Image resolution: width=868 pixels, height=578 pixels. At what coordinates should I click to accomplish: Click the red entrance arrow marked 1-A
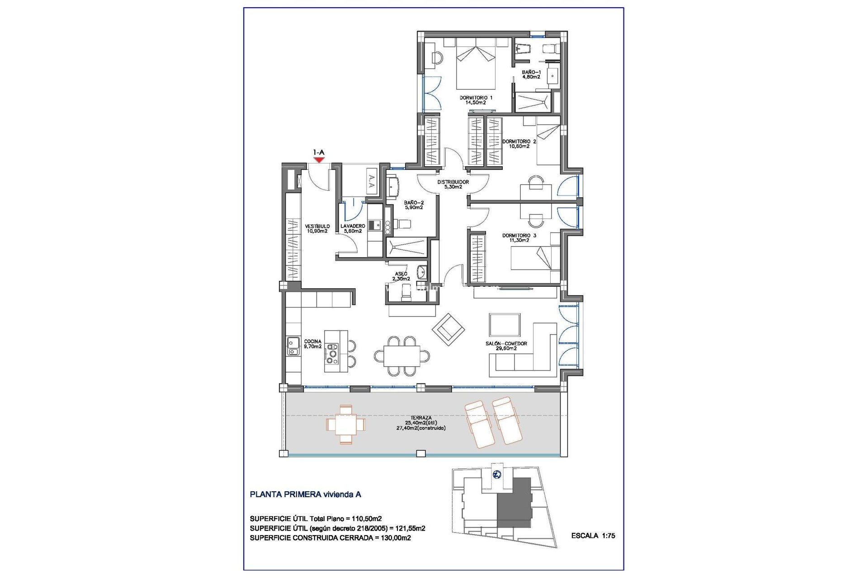pos(319,159)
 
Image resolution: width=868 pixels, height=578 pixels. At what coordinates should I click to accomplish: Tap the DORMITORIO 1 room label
pos(476,100)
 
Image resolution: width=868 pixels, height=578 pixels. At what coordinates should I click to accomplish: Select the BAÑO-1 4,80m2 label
pos(531,75)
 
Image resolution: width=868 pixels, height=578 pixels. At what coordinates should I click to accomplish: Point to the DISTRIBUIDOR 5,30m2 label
pos(453,184)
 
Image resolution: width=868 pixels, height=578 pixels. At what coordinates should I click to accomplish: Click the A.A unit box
pos(372,181)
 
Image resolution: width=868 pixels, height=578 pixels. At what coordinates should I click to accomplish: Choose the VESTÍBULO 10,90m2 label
pos(317,228)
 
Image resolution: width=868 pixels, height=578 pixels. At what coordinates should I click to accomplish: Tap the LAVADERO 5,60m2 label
pos(353,228)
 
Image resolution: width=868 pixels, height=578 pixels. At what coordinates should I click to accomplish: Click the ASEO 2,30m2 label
pos(401,276)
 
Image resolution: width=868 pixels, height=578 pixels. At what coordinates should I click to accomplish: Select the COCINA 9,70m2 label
pos(312,344)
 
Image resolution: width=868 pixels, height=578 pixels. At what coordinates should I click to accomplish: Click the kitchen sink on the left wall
pos(293,346)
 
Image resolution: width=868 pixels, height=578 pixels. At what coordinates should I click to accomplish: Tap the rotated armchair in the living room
pos(448,330)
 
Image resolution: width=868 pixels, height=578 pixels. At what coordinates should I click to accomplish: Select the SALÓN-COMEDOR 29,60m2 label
pos(506,346)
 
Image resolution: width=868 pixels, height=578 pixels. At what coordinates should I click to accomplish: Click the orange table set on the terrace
pos(346,424)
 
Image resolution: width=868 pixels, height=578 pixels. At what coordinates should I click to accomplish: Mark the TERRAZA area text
pos(421,423)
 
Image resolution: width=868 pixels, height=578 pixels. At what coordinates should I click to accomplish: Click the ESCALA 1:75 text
pos(593,536)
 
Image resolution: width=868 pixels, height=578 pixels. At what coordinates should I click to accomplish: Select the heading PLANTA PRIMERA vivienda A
pos(305,494)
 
